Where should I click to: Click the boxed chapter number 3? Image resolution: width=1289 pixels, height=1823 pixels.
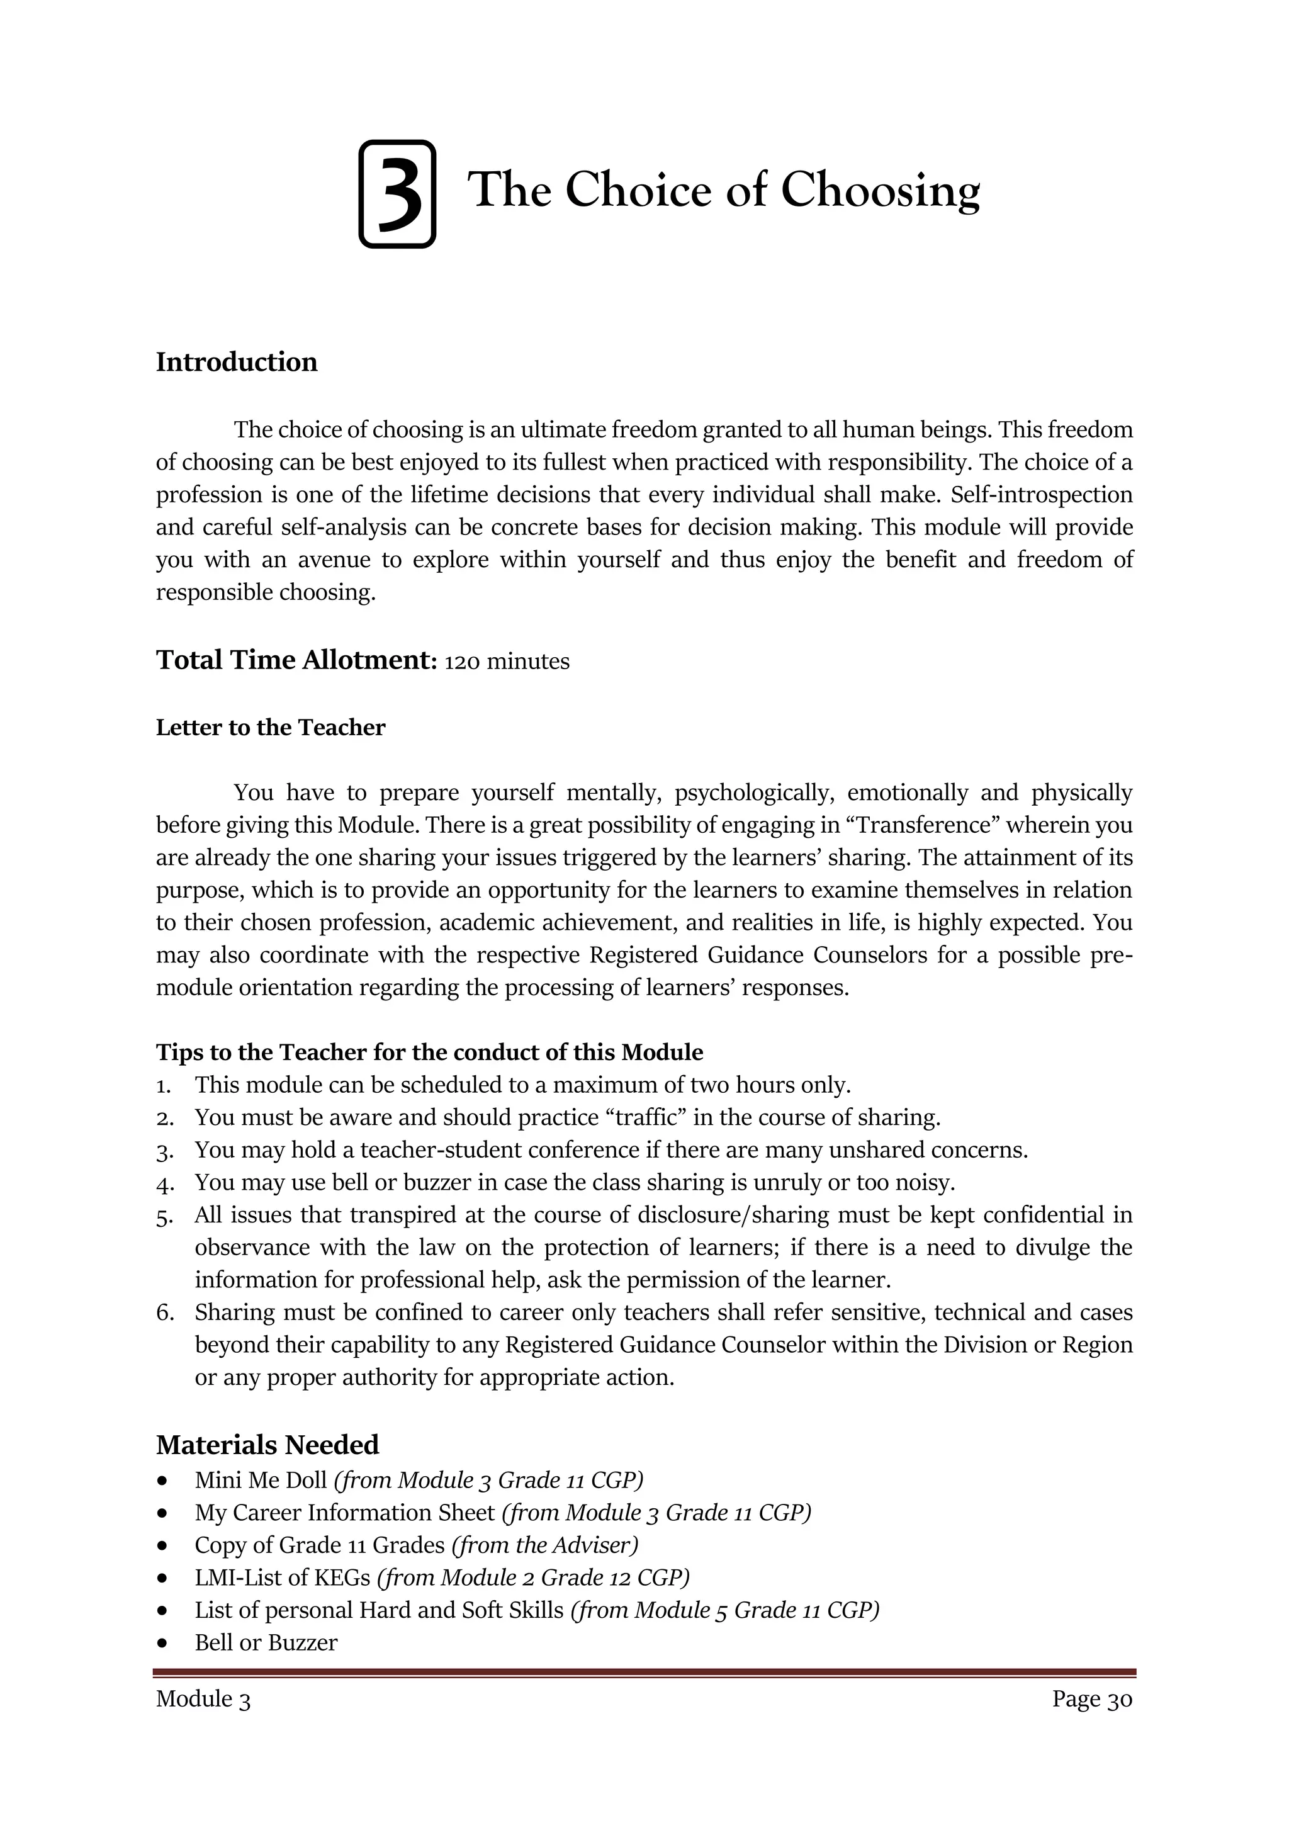398,194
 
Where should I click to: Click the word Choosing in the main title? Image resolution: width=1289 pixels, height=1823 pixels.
881,191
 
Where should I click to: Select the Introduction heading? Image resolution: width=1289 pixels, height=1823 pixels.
237,362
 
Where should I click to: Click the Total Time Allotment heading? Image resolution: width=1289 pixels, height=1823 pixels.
296,660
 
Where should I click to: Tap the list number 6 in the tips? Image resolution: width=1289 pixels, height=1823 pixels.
164,1312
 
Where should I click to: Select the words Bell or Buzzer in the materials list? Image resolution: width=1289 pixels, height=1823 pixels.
266,1643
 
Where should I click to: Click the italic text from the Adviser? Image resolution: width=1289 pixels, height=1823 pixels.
544,1545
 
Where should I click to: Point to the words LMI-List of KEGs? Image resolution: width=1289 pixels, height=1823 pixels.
283,1577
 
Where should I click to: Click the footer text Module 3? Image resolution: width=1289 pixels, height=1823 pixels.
203,1699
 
